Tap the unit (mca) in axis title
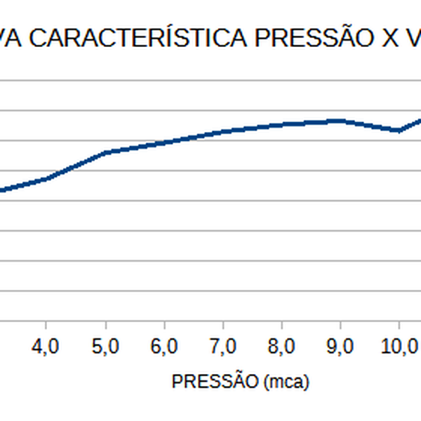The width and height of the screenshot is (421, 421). [x=286, y=382]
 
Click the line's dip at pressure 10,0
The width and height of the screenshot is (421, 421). [x=399, y=130]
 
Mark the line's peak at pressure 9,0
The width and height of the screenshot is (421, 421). [x=340, y=121]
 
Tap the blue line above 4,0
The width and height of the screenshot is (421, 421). [x=46, y=179]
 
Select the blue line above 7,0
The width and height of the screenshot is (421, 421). [x=222, y=131]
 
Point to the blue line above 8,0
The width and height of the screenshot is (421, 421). [x=281, y=124]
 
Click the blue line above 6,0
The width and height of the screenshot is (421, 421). [x=163, y=142]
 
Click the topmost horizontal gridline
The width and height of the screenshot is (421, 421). [x=210, y=80]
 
